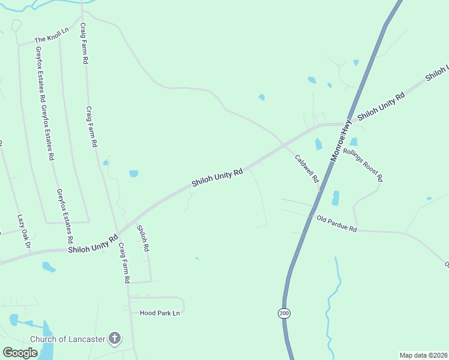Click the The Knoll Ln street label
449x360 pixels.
tap(52, 39)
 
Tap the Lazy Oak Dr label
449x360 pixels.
tap(23, 225)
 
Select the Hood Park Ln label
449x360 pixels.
tap(160, 313)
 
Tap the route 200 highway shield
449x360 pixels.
tap(283, 313)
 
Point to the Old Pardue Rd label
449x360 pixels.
tap(337, 225)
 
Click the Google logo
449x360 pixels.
tap(20, 353)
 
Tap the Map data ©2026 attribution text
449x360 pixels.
tap(423, 355)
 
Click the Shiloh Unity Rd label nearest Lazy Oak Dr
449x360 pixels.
tap(92, 244)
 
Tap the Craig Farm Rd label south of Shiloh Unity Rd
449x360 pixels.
tap(124, 263)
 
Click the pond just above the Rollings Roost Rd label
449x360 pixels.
tap(354, 142)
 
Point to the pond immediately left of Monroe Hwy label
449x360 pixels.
tap(318, 144)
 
